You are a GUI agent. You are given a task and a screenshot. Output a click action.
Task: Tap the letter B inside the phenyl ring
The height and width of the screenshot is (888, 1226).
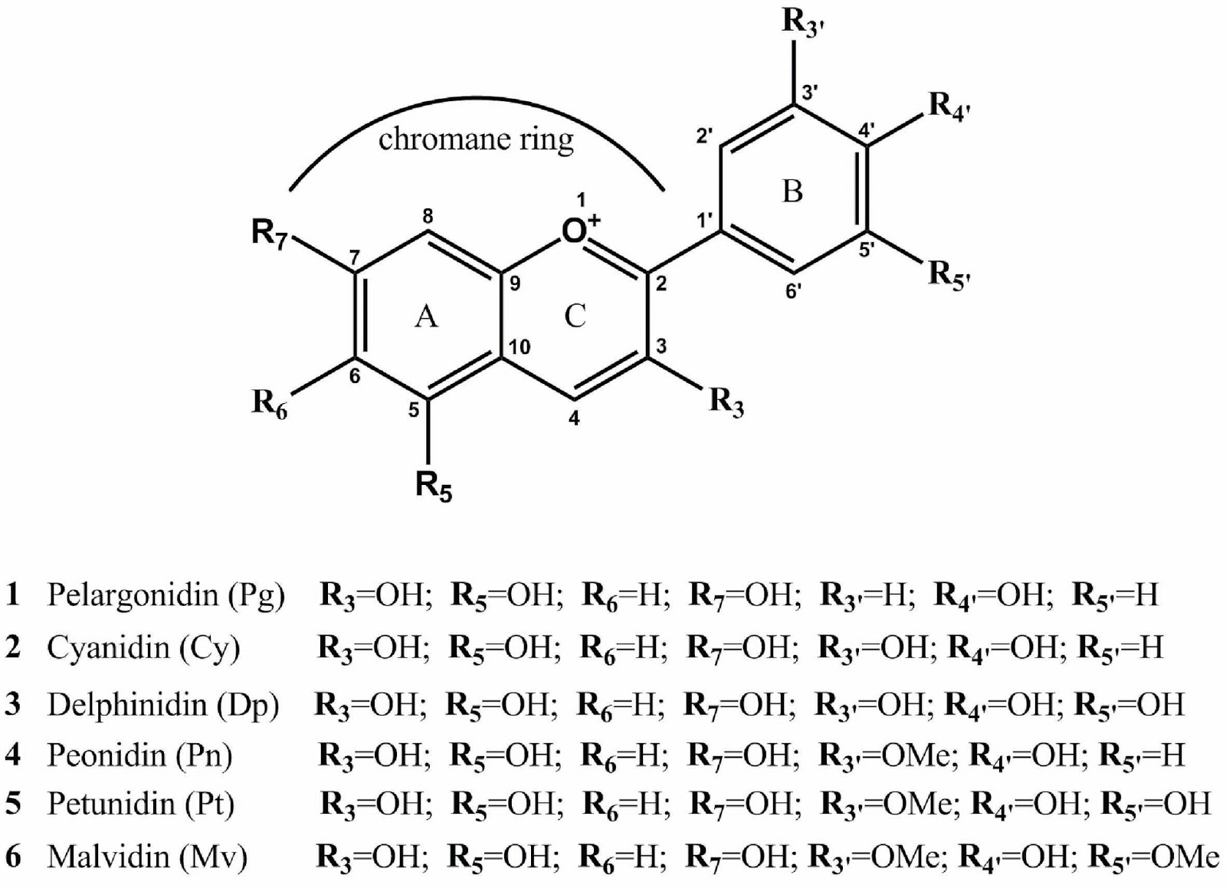coord(792,191)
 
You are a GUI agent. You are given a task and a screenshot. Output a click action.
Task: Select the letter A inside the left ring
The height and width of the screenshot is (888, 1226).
coord(426,315)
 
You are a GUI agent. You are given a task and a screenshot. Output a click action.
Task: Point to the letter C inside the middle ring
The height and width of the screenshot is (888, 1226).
coord(575,315)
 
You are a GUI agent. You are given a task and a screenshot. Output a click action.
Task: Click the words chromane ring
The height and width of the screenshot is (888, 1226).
coord(476,139)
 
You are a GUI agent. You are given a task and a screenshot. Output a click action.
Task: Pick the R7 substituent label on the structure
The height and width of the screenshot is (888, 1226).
coord(268,233)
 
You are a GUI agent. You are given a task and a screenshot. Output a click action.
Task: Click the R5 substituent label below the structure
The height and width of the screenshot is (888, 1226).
coord(434,486)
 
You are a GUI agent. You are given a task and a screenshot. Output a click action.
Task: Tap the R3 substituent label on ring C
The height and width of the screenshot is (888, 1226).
coord(726,401)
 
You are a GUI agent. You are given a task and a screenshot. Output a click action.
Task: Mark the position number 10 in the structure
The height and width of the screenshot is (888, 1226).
coord(519,347)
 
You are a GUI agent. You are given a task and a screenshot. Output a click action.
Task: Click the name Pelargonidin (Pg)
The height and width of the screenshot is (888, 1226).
coord(166,595)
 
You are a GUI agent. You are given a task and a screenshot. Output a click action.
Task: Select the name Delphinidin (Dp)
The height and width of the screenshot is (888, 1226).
coord(162,704)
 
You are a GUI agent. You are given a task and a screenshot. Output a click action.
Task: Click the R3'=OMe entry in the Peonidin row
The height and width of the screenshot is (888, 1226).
coord(887,756)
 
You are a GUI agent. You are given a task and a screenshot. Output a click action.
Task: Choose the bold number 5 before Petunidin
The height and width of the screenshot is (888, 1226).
coord(13,804)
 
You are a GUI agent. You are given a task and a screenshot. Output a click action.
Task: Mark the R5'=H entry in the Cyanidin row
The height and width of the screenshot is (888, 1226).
coord(1120,648)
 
